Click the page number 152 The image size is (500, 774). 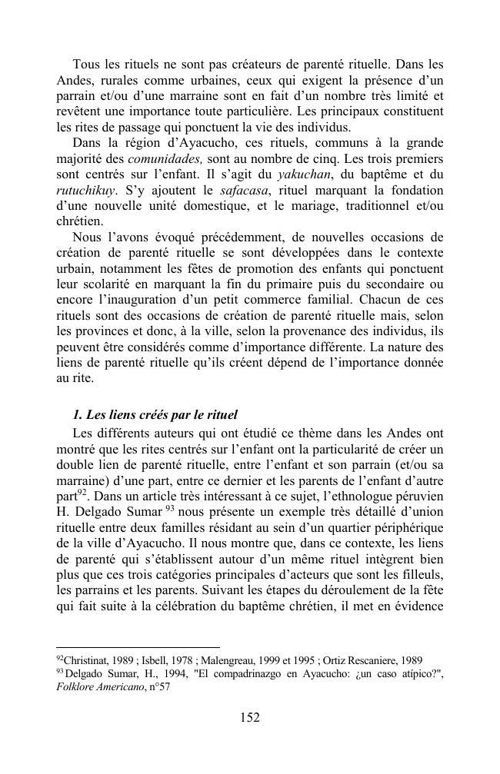249,718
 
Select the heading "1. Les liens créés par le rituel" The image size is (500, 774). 155,416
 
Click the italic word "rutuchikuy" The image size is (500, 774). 86,190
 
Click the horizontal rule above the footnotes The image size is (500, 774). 138,648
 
